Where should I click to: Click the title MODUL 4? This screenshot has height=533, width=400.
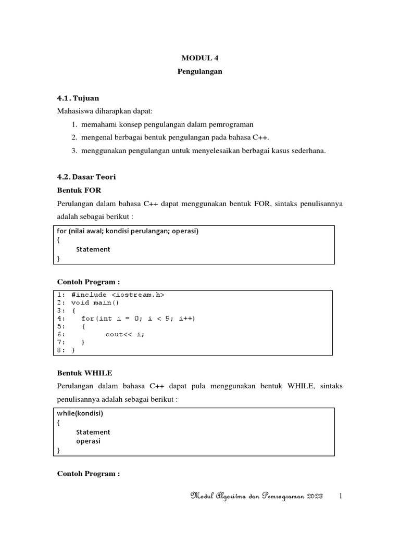[200, 58]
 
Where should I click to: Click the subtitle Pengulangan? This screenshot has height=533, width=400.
[200, 71]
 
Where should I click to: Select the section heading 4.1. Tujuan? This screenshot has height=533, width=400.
[78, 98]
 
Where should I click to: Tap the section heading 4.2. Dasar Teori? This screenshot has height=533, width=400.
[86, 177]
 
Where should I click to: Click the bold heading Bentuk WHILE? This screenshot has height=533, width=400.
[84, 373]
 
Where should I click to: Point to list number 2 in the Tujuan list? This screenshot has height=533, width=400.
[75, 137]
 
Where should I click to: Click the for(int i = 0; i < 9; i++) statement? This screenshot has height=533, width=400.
[139, 318]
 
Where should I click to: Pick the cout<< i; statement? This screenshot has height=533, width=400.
[125, 334]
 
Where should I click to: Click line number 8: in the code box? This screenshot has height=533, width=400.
[61, 350]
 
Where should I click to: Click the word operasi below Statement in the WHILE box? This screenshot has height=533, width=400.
[88, 441]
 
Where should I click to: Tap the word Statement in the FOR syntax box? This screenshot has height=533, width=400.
[93, 249]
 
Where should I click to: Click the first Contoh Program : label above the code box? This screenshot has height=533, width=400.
[88, 282]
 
